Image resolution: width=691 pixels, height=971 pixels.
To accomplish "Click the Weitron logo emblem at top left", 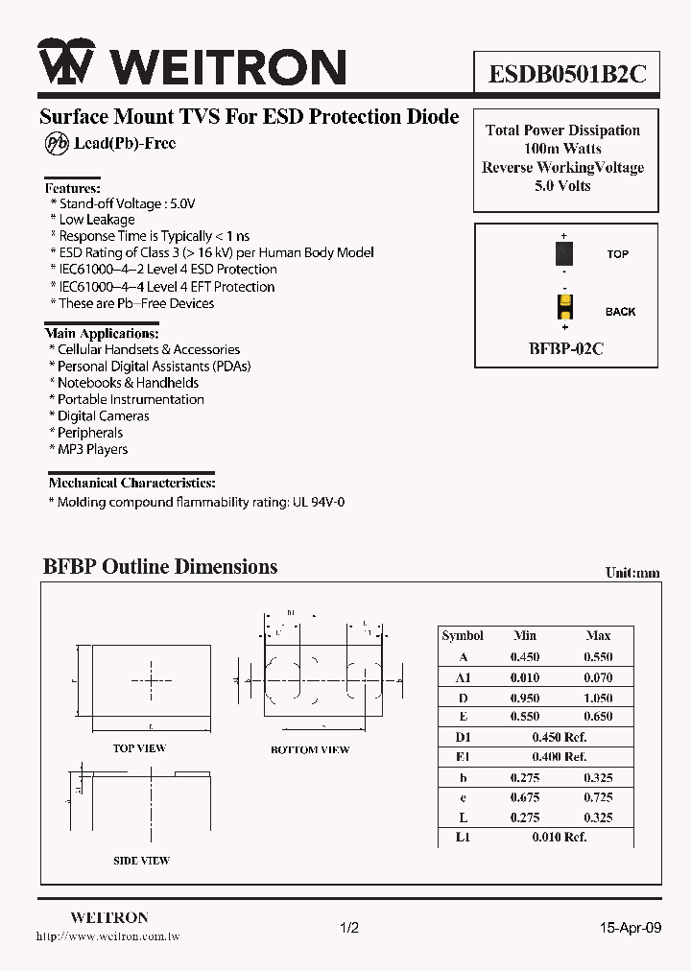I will coord(66,64).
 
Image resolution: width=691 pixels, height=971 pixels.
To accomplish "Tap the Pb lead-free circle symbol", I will coord(55,143).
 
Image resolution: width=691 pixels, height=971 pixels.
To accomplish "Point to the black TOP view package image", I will coord(565,253).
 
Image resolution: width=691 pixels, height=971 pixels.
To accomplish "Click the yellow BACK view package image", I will coord(565,308).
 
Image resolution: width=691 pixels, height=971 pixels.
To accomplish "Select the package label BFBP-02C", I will coord(565,348).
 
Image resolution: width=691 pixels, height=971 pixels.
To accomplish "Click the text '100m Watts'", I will coord(563,149).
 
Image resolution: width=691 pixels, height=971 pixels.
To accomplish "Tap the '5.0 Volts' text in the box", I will coord(563,185).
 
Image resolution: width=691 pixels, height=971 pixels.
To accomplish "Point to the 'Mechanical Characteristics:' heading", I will coord(131,483).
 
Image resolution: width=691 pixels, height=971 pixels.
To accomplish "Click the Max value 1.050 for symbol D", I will coord(598,698).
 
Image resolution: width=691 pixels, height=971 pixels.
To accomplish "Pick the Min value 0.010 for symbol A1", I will coord(524,677).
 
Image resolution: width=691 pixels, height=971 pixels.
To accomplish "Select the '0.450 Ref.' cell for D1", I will coord(560,737).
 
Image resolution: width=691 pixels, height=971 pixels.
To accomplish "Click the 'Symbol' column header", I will coord(463,635).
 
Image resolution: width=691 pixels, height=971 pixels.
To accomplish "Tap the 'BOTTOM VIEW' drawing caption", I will coord(309,749).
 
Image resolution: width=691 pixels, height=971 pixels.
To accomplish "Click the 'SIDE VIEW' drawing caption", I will coord(141,861).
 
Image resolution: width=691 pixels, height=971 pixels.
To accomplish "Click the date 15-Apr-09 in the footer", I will coord(631,928).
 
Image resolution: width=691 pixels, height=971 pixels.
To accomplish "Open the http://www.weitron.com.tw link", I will coord(107,935).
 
